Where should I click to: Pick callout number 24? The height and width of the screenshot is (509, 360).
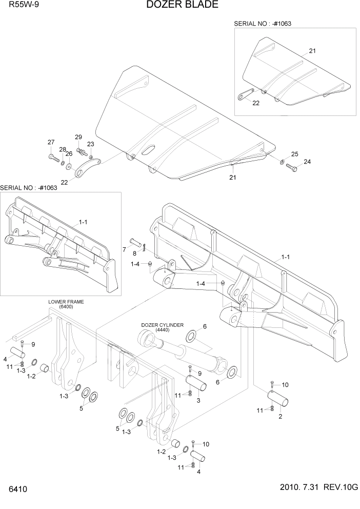point(307,162)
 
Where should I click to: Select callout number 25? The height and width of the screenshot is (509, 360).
point(294,154)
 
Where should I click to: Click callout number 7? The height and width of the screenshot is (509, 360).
point(124,249)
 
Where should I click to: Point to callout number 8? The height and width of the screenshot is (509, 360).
point(135,253)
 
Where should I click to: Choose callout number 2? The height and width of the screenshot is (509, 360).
point(280,417)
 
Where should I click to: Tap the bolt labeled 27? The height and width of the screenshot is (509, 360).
point(54,156)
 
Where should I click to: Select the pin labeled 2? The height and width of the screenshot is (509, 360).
point(279,398)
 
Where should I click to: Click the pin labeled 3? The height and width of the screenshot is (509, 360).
point(197,383)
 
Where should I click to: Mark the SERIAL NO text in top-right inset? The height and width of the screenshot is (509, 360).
point(259,24)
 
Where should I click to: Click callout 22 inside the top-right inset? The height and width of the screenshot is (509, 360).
point(255,103)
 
